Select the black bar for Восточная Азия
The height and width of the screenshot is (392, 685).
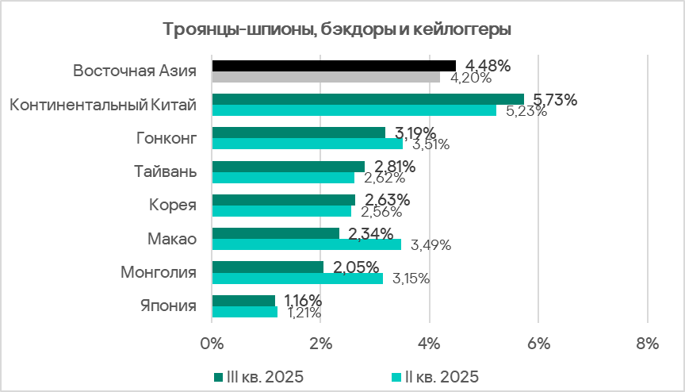333,66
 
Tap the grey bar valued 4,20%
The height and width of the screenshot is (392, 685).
325,77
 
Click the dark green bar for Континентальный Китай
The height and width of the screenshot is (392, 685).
367,99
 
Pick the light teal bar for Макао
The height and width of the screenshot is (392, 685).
306,244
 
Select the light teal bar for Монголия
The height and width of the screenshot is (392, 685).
297,278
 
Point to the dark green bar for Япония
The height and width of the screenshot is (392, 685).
243,301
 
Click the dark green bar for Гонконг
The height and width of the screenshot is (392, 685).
298,133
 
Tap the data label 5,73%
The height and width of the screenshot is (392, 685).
555,99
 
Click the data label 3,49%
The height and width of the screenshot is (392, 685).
430,245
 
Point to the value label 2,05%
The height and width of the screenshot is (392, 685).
355,267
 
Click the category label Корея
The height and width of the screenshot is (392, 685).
173,205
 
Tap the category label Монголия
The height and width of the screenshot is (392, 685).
158,272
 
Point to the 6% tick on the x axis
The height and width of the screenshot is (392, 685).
538,344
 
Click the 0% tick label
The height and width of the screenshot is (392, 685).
212,344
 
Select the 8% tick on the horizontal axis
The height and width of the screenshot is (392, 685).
647,344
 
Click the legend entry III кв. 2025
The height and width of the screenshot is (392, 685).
258,375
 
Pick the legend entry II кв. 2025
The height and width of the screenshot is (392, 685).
436,375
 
